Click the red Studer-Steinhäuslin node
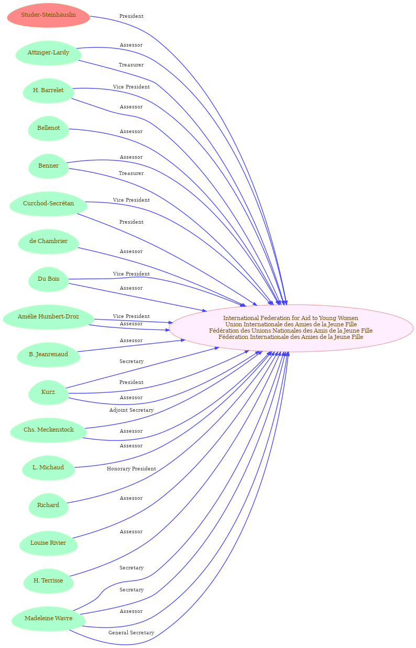pos(48,15)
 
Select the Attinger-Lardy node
pos(48,53)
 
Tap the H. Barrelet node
pos(48,91)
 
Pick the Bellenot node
pos(48,128)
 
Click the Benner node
pos(48,166)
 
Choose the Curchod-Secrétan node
pos(48,204)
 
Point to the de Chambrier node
pos(48,241)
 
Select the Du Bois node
pos(48,279)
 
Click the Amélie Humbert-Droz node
pos(48,317)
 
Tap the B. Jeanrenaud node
pos(48,355)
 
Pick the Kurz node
pos(48,392)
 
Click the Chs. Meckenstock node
pos(48,430)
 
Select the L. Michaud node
pos(48,468)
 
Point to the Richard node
pos(48,506)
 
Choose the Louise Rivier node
pos(48,543)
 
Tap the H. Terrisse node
pos(48,581)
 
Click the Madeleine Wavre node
pos(48,619)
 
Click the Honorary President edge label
pos(132,469)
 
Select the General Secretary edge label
pos(132,633)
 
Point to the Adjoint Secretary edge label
pos(132,410)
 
